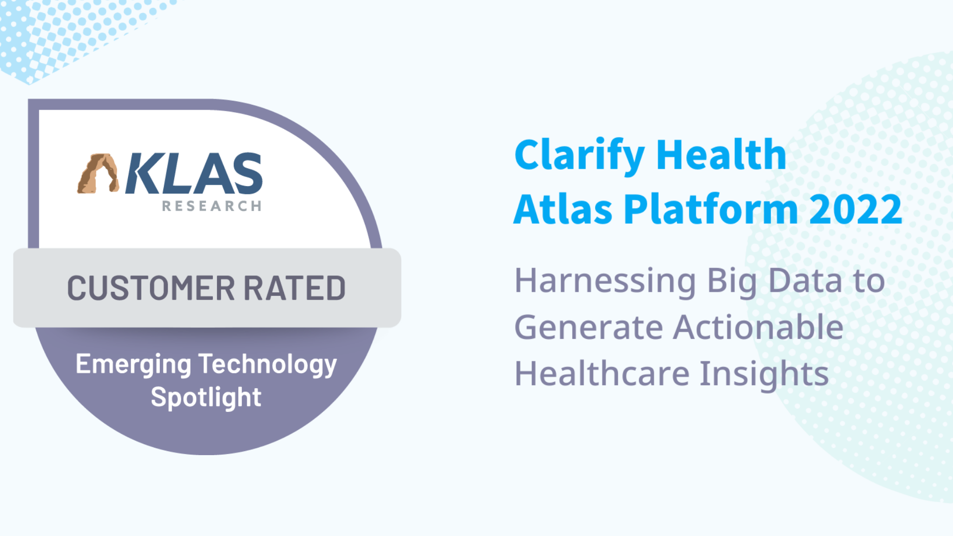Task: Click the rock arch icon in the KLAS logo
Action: point(98,173)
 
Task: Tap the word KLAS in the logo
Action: point(194,173)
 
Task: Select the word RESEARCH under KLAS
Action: point(212,206)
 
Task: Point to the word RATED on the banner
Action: point(294,288)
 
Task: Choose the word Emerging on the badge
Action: point(134,365)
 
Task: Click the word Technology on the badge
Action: point(268,365)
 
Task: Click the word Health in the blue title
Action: point(721,155)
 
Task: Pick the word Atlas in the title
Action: point(563,209)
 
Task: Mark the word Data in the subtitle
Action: point(805,281)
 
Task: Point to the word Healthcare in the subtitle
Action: point(602,374)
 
